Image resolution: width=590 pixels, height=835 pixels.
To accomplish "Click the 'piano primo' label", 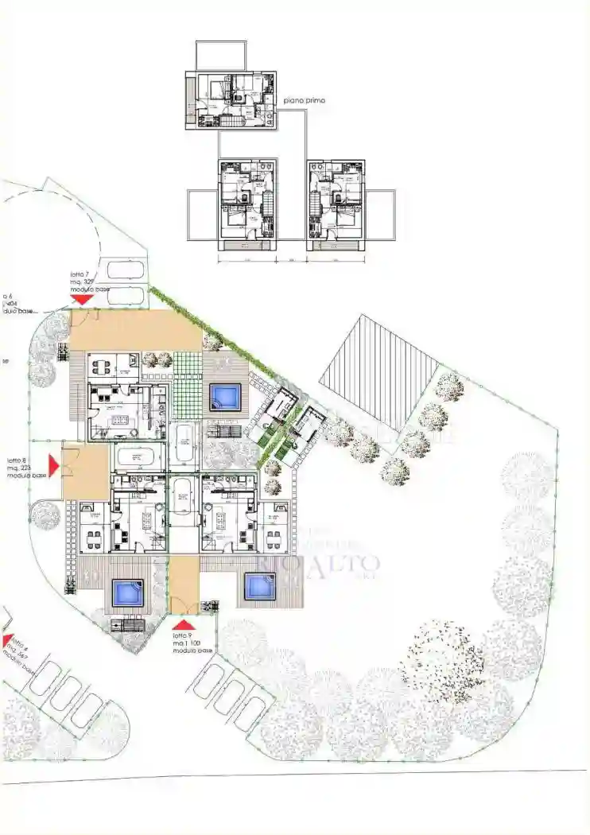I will [305, 101].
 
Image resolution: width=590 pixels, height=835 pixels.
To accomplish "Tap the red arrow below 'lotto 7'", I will [80, 298].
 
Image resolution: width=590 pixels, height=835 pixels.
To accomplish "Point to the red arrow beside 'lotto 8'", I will [54, 464].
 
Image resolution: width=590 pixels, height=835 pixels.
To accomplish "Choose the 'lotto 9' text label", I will [183, 636].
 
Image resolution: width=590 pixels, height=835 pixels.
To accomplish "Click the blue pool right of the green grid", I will [225, 396].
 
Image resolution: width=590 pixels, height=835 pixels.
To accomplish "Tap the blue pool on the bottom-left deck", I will [126, 592].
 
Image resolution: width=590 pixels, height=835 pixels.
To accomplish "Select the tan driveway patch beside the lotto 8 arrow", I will [85, 472].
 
